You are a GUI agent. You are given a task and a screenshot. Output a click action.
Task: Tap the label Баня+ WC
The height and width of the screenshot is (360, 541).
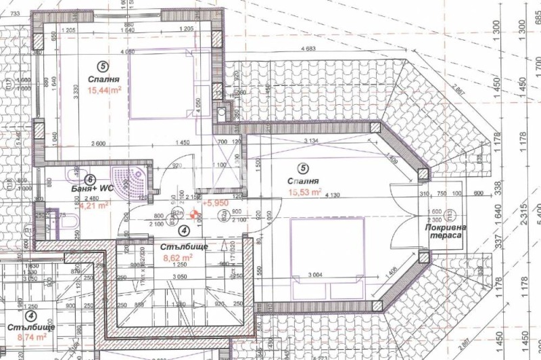click(x=91, y=189)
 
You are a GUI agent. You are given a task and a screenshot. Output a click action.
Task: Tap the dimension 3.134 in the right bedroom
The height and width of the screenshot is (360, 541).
click(x=310, y=141)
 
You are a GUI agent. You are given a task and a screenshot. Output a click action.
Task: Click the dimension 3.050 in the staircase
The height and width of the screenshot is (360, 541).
click(x=179, y=277)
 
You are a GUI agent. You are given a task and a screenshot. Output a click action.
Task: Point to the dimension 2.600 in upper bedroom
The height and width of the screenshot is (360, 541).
click(x=97, y=143)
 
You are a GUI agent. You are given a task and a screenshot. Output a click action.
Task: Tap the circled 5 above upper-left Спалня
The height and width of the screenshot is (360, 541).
click(x=102, y=66)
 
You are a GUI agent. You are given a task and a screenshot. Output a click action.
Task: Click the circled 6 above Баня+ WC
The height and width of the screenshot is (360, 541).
click(x=90, y=179)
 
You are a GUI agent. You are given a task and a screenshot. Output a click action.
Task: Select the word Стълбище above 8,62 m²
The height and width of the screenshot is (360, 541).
click(x=179, y=247)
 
